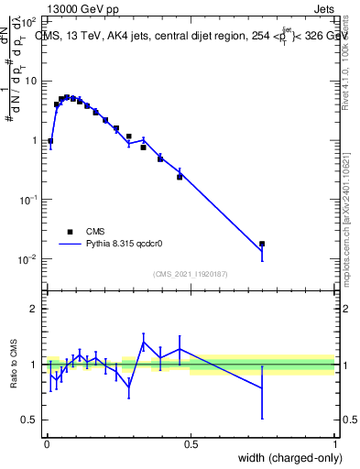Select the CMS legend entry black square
(69, 232)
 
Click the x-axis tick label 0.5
(191, 446)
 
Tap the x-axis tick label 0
(46, 446)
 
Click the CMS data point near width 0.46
(180, 177)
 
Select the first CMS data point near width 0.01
(49, 142)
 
